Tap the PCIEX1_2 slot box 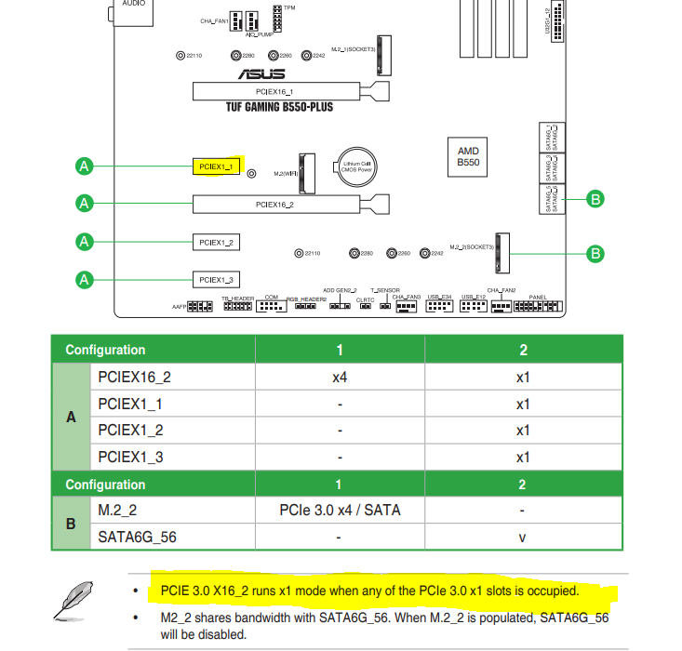[216, 242]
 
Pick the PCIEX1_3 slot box [216, 279]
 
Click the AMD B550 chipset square [468, 156]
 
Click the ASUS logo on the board [259, 73]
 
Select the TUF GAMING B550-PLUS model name [279, 107]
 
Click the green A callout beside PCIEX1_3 [85, 279]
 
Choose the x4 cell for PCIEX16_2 [340, 378]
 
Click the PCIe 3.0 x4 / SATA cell [340, 510]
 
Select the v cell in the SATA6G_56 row [522, 538]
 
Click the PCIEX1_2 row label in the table [130, 430]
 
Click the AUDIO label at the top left [133, 5]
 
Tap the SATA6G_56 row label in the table [137, 538]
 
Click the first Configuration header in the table [105, 350]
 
